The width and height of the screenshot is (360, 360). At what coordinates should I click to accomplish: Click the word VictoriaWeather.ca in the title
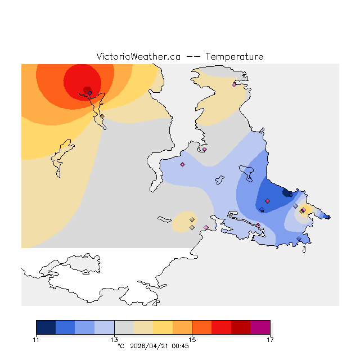tap(138, 57)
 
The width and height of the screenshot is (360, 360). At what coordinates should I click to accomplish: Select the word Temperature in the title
tap(234, 57)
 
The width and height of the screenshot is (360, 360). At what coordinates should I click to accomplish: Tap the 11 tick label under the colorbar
tap(36, 340)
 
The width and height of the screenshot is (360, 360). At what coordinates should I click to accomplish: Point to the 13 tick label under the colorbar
tap(114, 340)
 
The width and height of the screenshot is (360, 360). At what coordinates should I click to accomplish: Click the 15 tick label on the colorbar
tap(192, 340)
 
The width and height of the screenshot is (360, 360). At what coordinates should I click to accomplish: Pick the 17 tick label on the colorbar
tap(270, 340)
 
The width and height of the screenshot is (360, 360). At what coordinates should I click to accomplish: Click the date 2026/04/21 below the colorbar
tap(149, 346)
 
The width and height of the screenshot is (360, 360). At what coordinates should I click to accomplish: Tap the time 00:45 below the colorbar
tap(180, 346)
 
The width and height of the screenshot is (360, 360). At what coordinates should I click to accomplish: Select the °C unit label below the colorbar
tap(120, 346)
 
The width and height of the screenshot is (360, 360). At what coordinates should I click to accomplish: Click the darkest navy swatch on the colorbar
tap(46, 327)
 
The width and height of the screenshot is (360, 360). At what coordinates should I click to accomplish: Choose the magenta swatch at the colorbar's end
tap(260, 327)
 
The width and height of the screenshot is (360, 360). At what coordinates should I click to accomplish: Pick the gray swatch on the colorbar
tap(124, 327)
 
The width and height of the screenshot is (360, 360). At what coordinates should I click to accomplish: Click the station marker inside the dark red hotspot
tap(89, 93)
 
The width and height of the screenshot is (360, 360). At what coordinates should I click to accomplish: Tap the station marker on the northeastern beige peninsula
tap(234, 85)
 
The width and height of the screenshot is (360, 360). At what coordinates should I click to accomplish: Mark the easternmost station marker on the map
tap(328, 217)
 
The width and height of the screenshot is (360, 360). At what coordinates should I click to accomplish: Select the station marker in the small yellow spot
tap(303, 210)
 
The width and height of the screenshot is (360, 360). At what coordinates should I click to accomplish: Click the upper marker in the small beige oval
tap(192, 219)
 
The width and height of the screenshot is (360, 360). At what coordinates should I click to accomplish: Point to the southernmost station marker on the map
tap(299, 239)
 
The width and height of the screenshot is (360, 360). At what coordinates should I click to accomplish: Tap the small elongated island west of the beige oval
tap(165, 219)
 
